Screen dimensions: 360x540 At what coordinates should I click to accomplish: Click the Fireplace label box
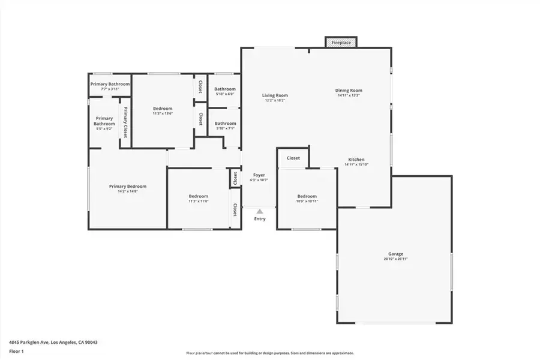[341, 43]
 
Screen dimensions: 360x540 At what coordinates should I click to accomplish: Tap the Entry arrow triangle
[260, 211]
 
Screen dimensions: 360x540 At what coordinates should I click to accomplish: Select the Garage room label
[395, 254]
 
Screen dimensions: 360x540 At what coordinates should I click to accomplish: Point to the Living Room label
[275, 95]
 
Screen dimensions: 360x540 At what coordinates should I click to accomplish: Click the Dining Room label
[349, 91]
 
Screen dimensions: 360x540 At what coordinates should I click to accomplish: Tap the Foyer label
[259, 175]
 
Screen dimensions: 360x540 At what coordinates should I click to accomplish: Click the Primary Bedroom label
[128, 187]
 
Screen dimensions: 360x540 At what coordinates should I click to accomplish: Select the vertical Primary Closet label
[126, 122]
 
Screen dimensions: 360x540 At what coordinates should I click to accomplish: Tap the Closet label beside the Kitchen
[293, 158]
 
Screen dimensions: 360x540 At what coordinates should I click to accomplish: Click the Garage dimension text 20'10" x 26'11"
[395, 259]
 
